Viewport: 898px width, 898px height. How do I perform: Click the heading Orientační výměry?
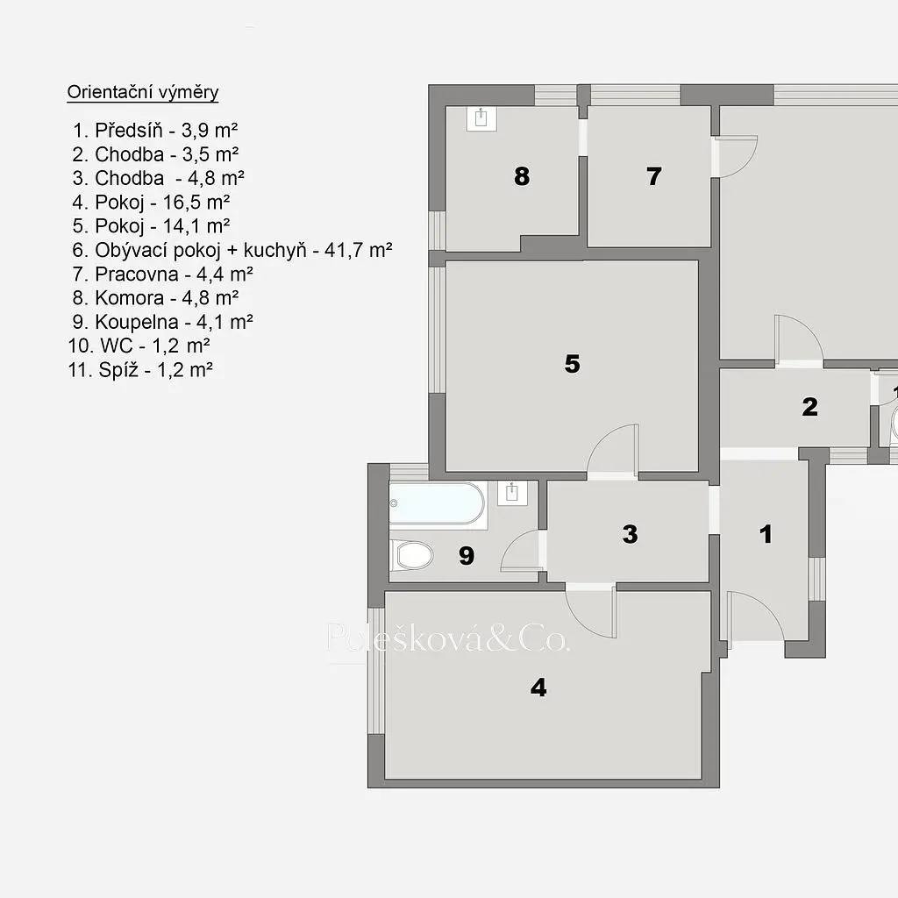pyautogui.click(x=143, y=92)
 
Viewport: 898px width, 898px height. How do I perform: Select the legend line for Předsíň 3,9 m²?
pyautogui.click(x=155, y=131)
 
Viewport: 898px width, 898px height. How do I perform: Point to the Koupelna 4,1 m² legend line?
pyautogui.click(x=162, y=322)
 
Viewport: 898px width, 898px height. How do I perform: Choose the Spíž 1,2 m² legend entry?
pyautogui.click(x=140, y=370)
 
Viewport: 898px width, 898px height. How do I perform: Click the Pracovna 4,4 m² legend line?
pyautogui.click(x=162, y=274)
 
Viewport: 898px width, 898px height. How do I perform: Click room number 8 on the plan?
pyautogui.click(x=522, y=175)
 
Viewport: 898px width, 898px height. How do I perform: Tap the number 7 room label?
pyautogui.click(x=654, y=175)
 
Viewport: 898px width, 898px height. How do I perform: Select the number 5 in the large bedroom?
pyautogui.click(x=572, y=364)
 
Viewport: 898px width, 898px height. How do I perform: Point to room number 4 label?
pyautogui.click(x=538, y=688)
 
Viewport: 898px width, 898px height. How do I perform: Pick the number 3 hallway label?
pyautogui.click(x=630, y=534)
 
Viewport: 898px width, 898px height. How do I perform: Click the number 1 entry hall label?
pyautogui.click(x=766, y=534)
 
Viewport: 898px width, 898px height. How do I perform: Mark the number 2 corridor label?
pyautogui.click(x=809, y=407)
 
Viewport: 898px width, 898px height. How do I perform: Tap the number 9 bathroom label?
pyautogui.click(x=467, y=555)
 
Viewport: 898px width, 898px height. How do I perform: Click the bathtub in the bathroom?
pyautogui.click(x=437, y=502)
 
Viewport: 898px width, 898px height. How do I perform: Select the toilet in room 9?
pyautogui.click(x=412, y=555)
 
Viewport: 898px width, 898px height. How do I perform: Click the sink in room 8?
pyautogui.click(x=481, y=118)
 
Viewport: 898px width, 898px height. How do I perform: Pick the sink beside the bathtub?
pyautogui.click(x=512, y=493)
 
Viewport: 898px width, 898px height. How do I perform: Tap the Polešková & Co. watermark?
pyautogui.click(x=448, y=638)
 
